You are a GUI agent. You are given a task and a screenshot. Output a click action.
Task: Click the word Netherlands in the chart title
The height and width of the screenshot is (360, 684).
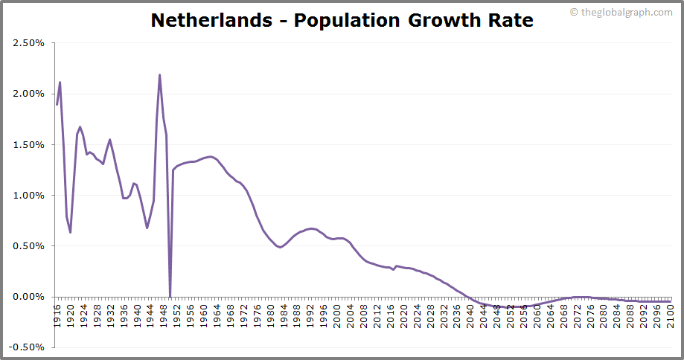click(x=211, y=20)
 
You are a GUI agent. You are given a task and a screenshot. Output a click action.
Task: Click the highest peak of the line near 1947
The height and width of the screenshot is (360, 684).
click(x=160, y=74)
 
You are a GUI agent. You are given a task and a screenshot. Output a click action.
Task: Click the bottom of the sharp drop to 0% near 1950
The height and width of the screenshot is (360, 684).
click(x=170, y=296)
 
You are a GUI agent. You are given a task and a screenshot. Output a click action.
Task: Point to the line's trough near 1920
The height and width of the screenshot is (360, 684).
click(x=70, y=232)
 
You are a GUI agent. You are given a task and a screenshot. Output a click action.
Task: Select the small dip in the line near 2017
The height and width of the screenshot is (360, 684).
click(x=394, y=269)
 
